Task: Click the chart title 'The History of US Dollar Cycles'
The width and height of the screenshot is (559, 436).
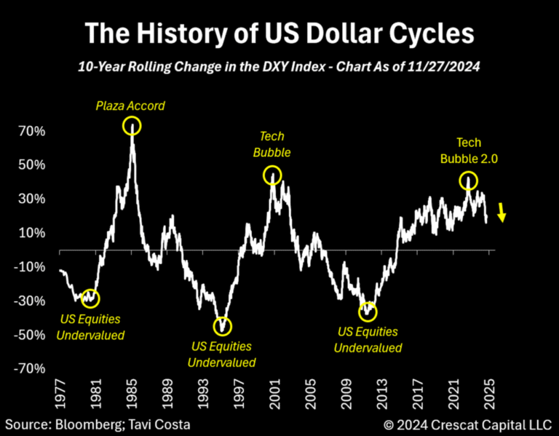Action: pyautogui.click(x=279, y=33)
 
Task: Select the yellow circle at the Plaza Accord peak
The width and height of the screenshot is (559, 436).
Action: pyautogui.click(x=132, y=125)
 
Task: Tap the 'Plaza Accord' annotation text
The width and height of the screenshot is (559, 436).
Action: pyautogui.click(x=131, y=106)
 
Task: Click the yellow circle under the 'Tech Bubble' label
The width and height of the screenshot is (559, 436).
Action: pyautogui.click(x=272, y=175)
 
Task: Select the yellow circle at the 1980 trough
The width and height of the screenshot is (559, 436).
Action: pyautogui.click(x=90, y=297)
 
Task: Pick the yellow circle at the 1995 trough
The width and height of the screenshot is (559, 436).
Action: pyautogui.click(x=222, y=325)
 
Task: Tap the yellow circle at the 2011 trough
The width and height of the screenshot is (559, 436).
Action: pyautogui.click(x=368, y=312)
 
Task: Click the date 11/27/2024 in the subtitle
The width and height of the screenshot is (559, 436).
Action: pyautogui.click(x=447, y=67)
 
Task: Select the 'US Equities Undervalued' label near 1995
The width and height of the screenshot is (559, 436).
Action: pyautogui.click(x=222, y=354)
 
